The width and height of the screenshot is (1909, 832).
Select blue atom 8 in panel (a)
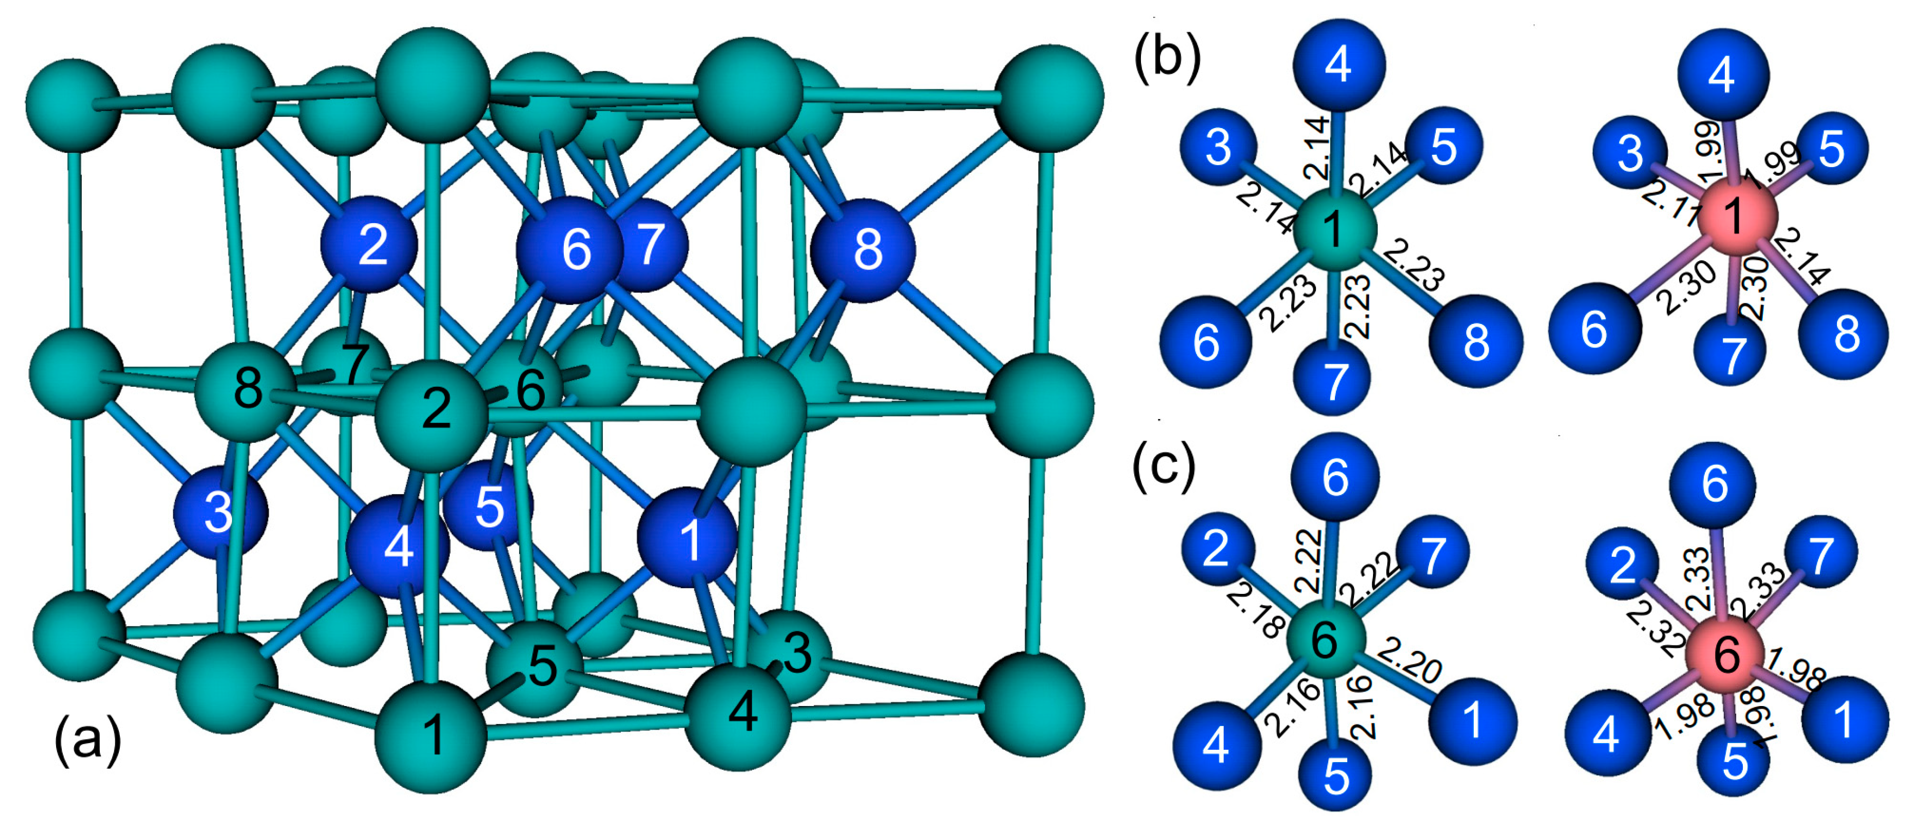[863, 250]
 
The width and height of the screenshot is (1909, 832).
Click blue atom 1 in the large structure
[688, 538]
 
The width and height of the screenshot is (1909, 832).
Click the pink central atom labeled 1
[1736, 215]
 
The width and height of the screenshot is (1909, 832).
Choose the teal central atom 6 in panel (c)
[1326, 639]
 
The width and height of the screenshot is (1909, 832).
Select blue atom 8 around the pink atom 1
[1845, 334]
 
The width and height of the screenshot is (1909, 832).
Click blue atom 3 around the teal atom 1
[1218, 147]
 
